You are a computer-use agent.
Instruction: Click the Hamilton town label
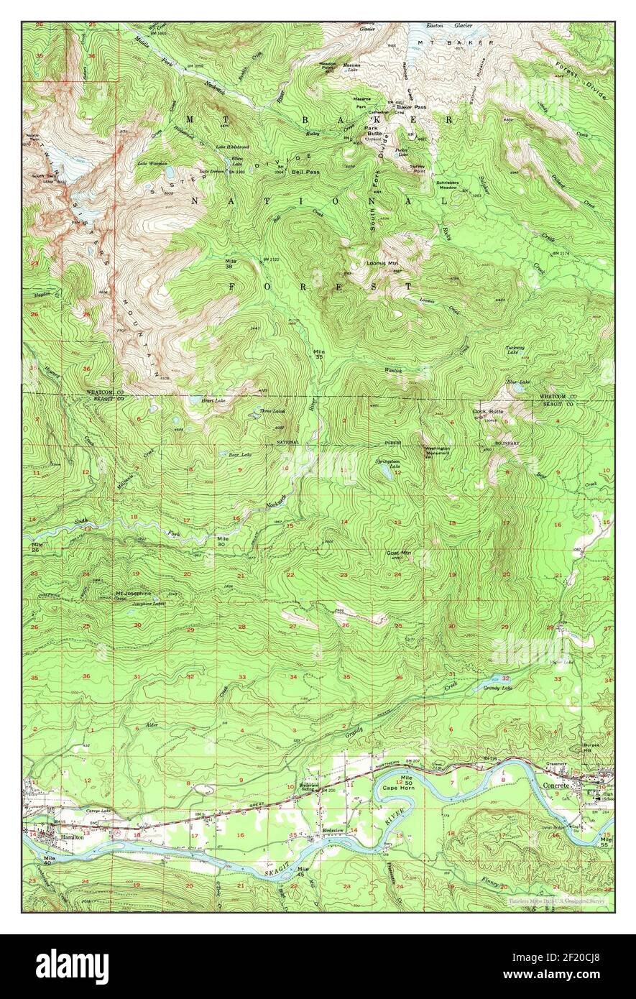(73, 837)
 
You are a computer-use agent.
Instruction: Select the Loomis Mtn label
(382, 264)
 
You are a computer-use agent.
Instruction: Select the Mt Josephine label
(134, 594)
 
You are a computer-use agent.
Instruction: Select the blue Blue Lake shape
(516, 389)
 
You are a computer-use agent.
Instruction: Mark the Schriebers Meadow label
(452, 186)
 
